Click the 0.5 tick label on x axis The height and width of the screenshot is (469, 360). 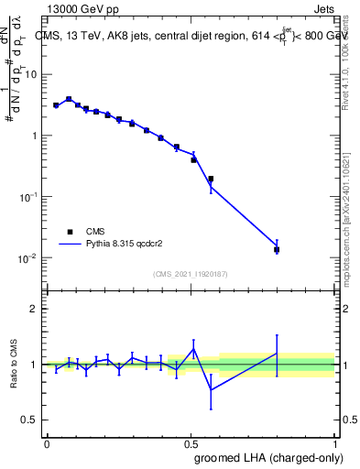pos(191,443)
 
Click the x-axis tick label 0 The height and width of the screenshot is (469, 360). pos(47,443)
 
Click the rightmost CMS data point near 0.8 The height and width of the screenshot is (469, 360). pos(277,249)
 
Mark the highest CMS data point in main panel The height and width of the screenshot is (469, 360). pos(69,99)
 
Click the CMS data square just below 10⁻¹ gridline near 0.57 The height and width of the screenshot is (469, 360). pos(211,179)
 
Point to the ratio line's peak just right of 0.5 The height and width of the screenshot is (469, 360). pos(194,348)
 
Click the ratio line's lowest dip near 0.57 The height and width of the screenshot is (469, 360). pos(211,390)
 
